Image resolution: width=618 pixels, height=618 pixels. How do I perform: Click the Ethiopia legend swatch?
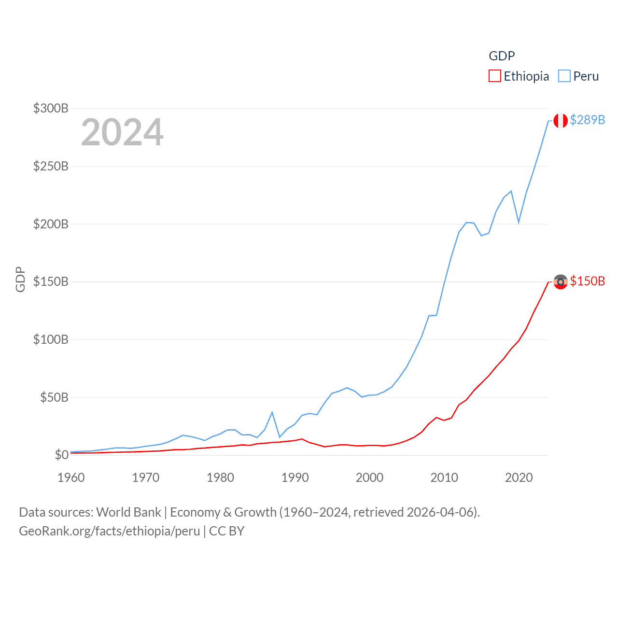click(x=494, y=76)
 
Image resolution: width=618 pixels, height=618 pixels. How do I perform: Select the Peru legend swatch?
click(x=564, y=76)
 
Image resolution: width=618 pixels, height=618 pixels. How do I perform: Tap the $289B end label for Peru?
click(x=587, y=120)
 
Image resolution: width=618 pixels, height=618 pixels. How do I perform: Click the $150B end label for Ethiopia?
click(x=587, y=281)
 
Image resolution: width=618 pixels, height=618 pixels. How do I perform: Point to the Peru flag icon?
click(x=560, y=120)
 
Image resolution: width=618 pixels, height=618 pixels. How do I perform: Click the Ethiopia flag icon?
click(x=560, y=281)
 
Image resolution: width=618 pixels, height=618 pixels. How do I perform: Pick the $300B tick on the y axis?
click(x=51, y=108)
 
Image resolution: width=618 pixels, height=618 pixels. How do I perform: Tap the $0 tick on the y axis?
click(x=61, y=455)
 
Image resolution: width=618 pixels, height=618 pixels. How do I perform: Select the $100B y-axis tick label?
click(x=51, y=339)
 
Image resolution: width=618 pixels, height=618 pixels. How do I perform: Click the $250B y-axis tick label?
click(x=51, y=166)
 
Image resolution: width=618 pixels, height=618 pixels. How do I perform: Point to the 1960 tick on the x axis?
click(x=71, y=478)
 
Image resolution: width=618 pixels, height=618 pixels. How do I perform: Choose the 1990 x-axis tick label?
click(x=295, y=478)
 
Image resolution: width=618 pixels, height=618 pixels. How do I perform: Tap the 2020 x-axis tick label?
click(x=519, y=478)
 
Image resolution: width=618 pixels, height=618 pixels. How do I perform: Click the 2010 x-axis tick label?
click(x=444, y=478)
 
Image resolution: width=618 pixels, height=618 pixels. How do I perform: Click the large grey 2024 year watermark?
click(x=122, y=132)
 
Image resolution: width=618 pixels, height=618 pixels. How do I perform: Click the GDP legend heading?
click(x=502, y=56)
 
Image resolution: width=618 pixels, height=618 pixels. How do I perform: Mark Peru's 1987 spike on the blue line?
click(x=272, y=412)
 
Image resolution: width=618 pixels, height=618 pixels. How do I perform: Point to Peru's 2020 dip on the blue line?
click(x=519, y=222)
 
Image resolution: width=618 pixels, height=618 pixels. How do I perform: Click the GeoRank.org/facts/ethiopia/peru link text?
click(x=110, y=531)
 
